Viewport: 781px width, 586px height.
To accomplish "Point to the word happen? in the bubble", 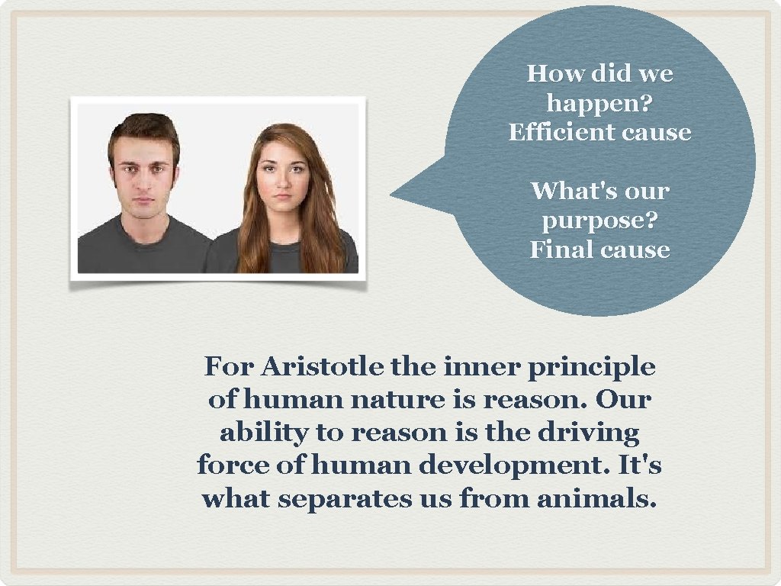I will click(599, 103).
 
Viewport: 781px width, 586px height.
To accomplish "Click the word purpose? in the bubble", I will click(599, 221).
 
